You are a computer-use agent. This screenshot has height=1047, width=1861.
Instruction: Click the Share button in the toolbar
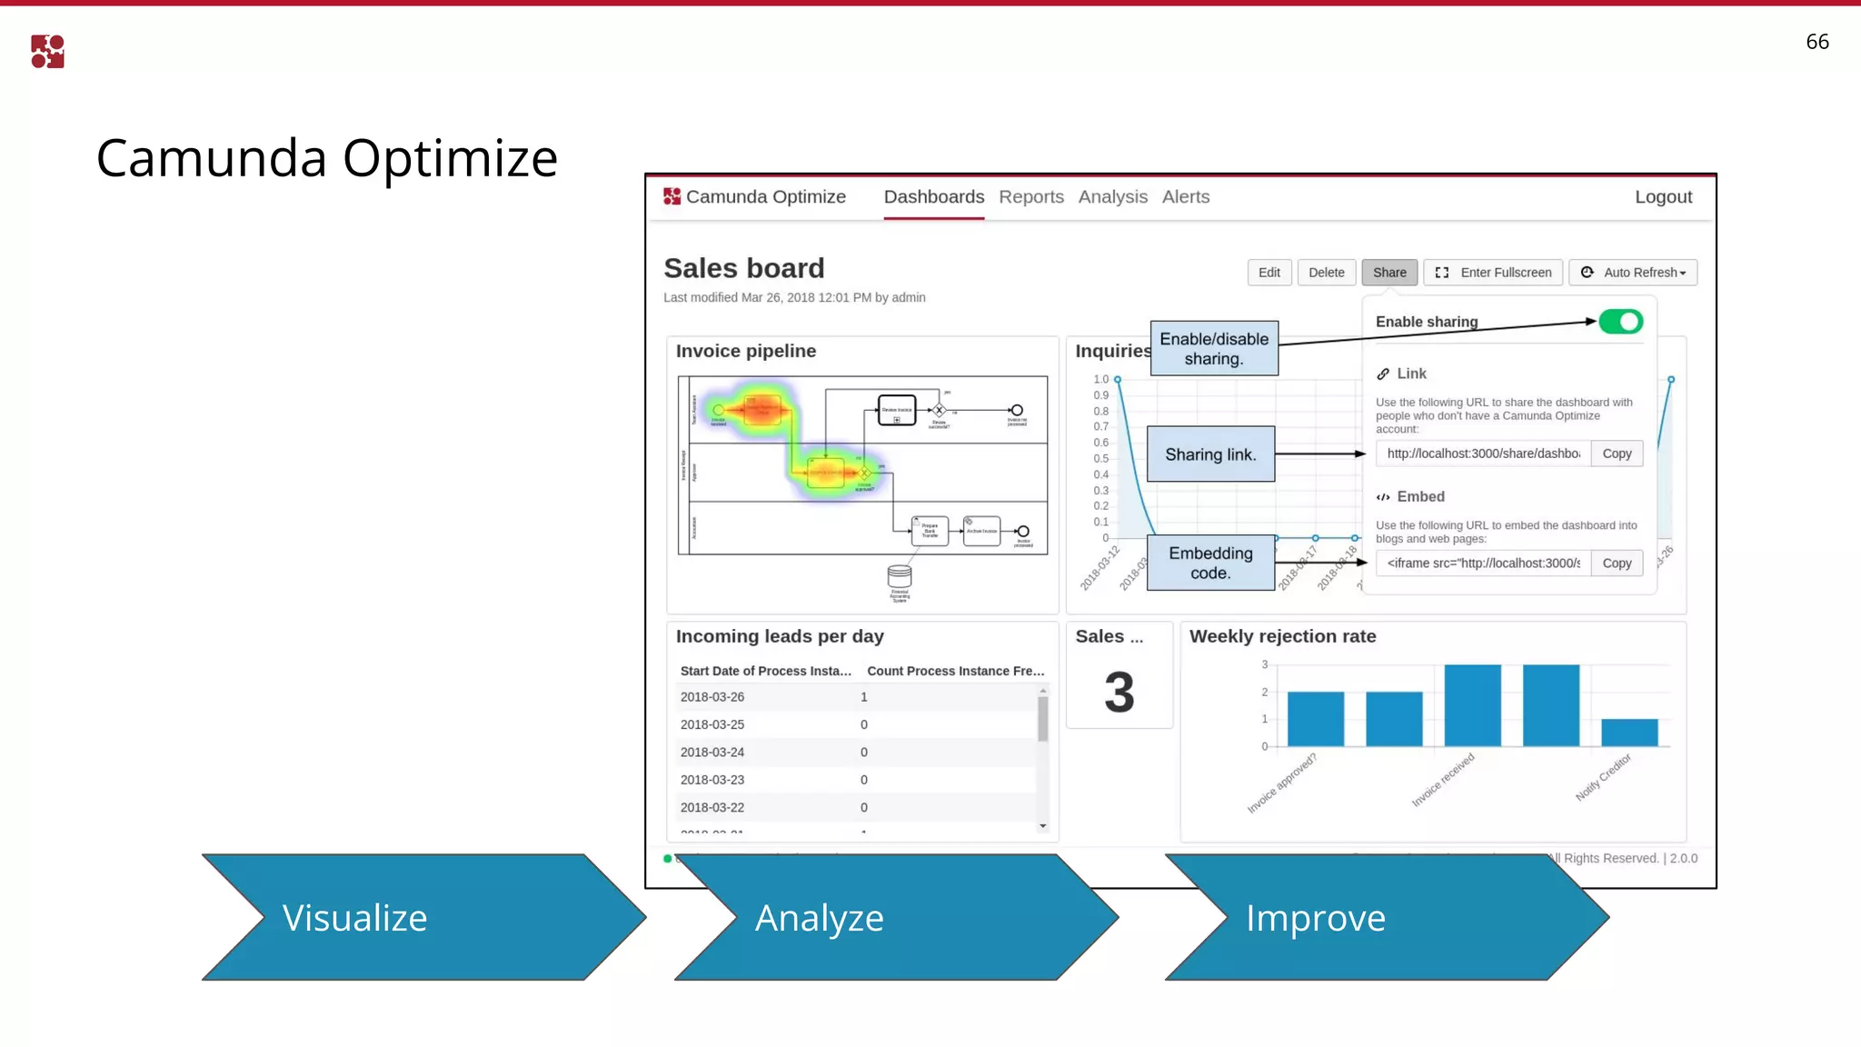[x=1388, y=273]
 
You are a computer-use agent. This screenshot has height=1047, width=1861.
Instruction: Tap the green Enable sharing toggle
[x=1620, y=322]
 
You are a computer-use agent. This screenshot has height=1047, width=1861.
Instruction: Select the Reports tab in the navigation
[x=1030, y=197]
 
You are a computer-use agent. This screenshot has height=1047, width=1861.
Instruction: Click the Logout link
[x=1663, y=197]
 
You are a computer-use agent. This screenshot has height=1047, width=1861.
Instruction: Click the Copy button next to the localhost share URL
[x=1616, y=454]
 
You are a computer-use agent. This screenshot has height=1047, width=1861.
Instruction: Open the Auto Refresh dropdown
[x=1633, y=273]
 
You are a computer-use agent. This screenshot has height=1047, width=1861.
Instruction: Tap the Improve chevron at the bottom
[x=1381, y=917]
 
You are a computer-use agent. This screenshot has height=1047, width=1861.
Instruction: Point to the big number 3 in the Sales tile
[x=1119, y=693]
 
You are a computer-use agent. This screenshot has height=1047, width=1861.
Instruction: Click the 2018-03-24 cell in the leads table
[x=712, y=753]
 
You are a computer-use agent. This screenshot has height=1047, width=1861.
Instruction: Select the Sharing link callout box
[x=1210, y=454]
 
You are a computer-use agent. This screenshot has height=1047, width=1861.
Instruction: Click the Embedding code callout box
[x=1210, y=563]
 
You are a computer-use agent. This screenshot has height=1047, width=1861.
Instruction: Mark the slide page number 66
[x=1816, y=42]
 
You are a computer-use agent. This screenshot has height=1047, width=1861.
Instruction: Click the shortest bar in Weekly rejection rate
[x=1628, y=733]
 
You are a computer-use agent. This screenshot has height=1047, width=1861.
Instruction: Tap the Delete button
[x=1326, y=273]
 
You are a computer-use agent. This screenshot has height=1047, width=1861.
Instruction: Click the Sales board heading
[x=743, y=269]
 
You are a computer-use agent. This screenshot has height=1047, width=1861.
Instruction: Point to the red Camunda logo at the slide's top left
[x=47, y=52]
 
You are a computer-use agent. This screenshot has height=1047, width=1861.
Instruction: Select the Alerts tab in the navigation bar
[x=1185, y=197]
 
